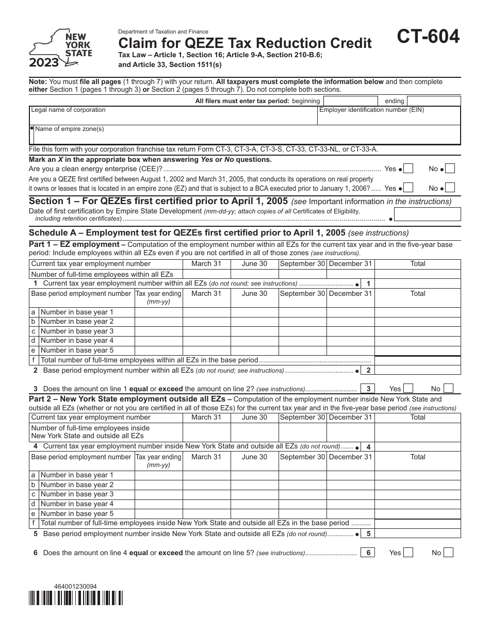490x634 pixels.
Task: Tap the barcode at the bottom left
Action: coord(76,597)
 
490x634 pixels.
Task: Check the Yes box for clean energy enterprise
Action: coord(409,169)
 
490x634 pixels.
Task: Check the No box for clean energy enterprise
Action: coord(450,169)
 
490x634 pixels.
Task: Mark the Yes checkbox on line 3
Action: coord(409,389)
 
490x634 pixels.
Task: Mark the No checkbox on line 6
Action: coord(448,553)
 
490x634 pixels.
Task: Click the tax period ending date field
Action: coord(433,101)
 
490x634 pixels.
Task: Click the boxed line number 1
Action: coord(368,283)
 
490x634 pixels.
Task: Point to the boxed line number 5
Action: coord(368,533)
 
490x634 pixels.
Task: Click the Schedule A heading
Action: coord(219,233)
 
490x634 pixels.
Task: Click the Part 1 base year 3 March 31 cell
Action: coord(206,331)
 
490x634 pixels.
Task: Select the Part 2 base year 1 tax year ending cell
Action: coord(158,475)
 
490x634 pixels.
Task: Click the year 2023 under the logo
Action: coord(44,63)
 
